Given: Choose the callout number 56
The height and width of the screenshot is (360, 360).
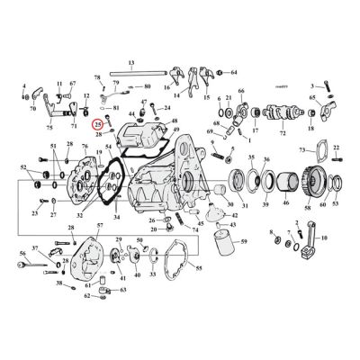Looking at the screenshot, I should point(22,254).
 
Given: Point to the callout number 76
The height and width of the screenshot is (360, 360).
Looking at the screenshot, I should point(85,145).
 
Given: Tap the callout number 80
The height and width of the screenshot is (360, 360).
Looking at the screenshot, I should point(146,87).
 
